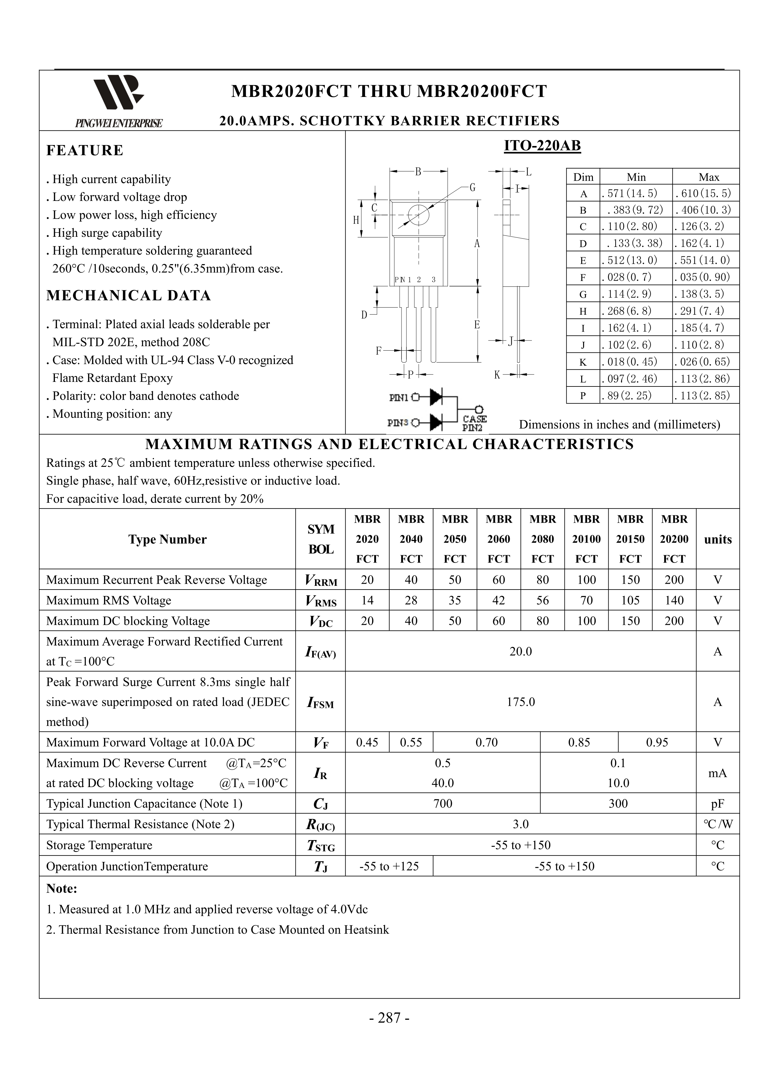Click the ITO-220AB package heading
[x=542, y=146]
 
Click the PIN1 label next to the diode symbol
[x=399, y=398]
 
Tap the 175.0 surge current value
[x=521, y=701]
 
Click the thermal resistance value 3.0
[x=521, y=824]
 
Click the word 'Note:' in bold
[x=61, y=889]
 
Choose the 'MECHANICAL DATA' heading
[x=129, y=296]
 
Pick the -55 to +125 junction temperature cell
[x=389, y=866]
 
